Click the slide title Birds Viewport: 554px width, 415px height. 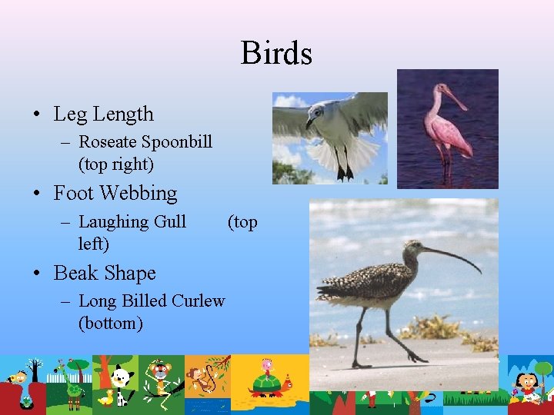click(276, 54)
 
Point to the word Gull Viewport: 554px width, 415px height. click(170, 222)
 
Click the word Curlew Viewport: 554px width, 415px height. click(199, 300)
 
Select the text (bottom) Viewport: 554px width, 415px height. click(111, 323)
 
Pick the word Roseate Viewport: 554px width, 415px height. click(107, 141)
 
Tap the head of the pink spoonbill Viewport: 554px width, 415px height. click(443, 92)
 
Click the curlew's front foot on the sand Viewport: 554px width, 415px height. click(415, 358)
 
